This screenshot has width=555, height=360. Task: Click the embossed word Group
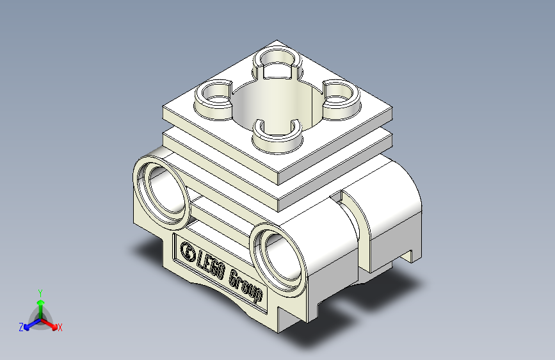(x=245, y=285)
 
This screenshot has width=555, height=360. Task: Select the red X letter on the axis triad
(x=60, y=328)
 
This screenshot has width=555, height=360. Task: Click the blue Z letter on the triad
(x=21, y=327)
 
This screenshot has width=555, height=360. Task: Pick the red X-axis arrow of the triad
(x=51, y=323)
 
